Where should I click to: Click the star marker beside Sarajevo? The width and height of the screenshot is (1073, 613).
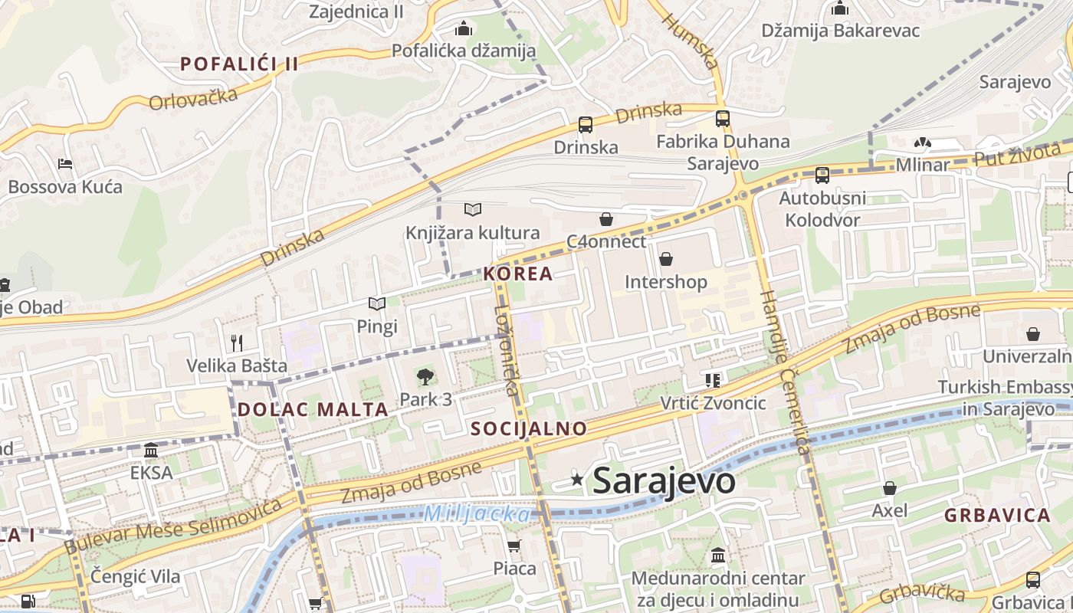click(577, 480)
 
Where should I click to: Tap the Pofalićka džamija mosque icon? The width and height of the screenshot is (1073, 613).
click(463, 29)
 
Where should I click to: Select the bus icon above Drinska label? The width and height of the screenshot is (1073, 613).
click(586, 124)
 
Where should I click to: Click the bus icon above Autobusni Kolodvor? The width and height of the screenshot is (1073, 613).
click(822, 175)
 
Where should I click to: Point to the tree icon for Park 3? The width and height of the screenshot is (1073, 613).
click(425, 376)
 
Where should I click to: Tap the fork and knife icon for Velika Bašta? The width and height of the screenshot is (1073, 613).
click(237, 343)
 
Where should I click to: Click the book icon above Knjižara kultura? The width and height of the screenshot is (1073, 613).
click(473, 209)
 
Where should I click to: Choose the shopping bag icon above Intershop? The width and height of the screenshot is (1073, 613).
click(665, 260)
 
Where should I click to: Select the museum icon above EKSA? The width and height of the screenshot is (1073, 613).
click(151, 450)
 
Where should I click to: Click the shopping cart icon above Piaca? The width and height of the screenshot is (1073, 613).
click(514, 546)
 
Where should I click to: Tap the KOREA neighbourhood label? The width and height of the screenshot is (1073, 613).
click(518, 274)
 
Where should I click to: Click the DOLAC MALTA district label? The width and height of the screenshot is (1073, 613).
click(313, 409)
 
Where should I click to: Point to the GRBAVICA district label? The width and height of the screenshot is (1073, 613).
click(997, 515)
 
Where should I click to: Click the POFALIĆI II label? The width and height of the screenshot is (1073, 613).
click(239, 64)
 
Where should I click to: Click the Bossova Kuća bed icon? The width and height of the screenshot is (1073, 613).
click(65, 164)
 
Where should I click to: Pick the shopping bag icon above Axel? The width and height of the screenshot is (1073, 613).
click(890, 488)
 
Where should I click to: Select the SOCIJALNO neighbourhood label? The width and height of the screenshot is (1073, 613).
click(529, 428)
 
